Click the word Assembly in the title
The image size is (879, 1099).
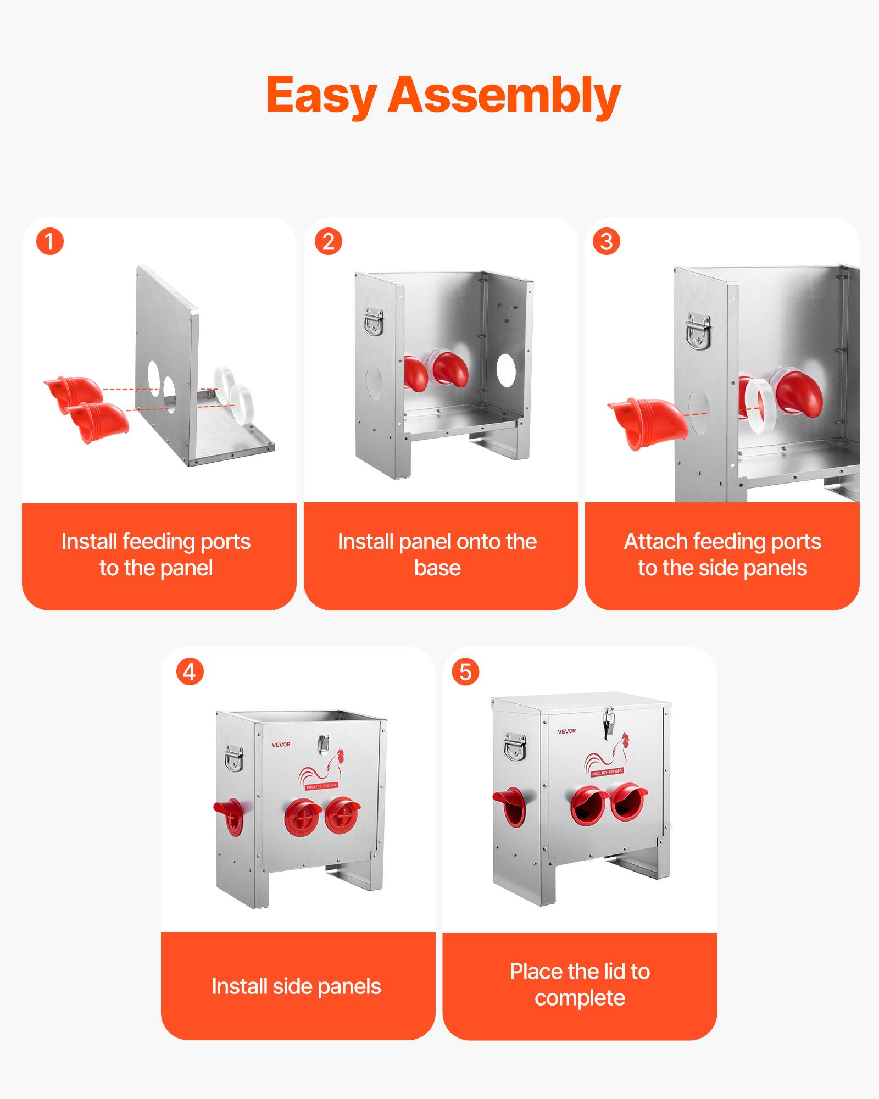click(504, 96)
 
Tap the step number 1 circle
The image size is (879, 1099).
click(50, 242)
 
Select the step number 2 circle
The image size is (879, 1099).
click(329, 242)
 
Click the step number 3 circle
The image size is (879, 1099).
click(607, 242)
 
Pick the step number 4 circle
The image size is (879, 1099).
click(190, 672)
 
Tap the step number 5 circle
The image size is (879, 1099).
click(465, 672)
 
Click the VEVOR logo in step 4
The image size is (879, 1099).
click(281, 745)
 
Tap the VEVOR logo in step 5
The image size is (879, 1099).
click(566, 731)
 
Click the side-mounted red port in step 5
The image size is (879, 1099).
click(509, 806)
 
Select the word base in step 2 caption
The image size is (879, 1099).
click(437, 568)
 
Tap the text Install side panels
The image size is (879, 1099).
click(296, 986)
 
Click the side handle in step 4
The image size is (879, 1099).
click(234, 758)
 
